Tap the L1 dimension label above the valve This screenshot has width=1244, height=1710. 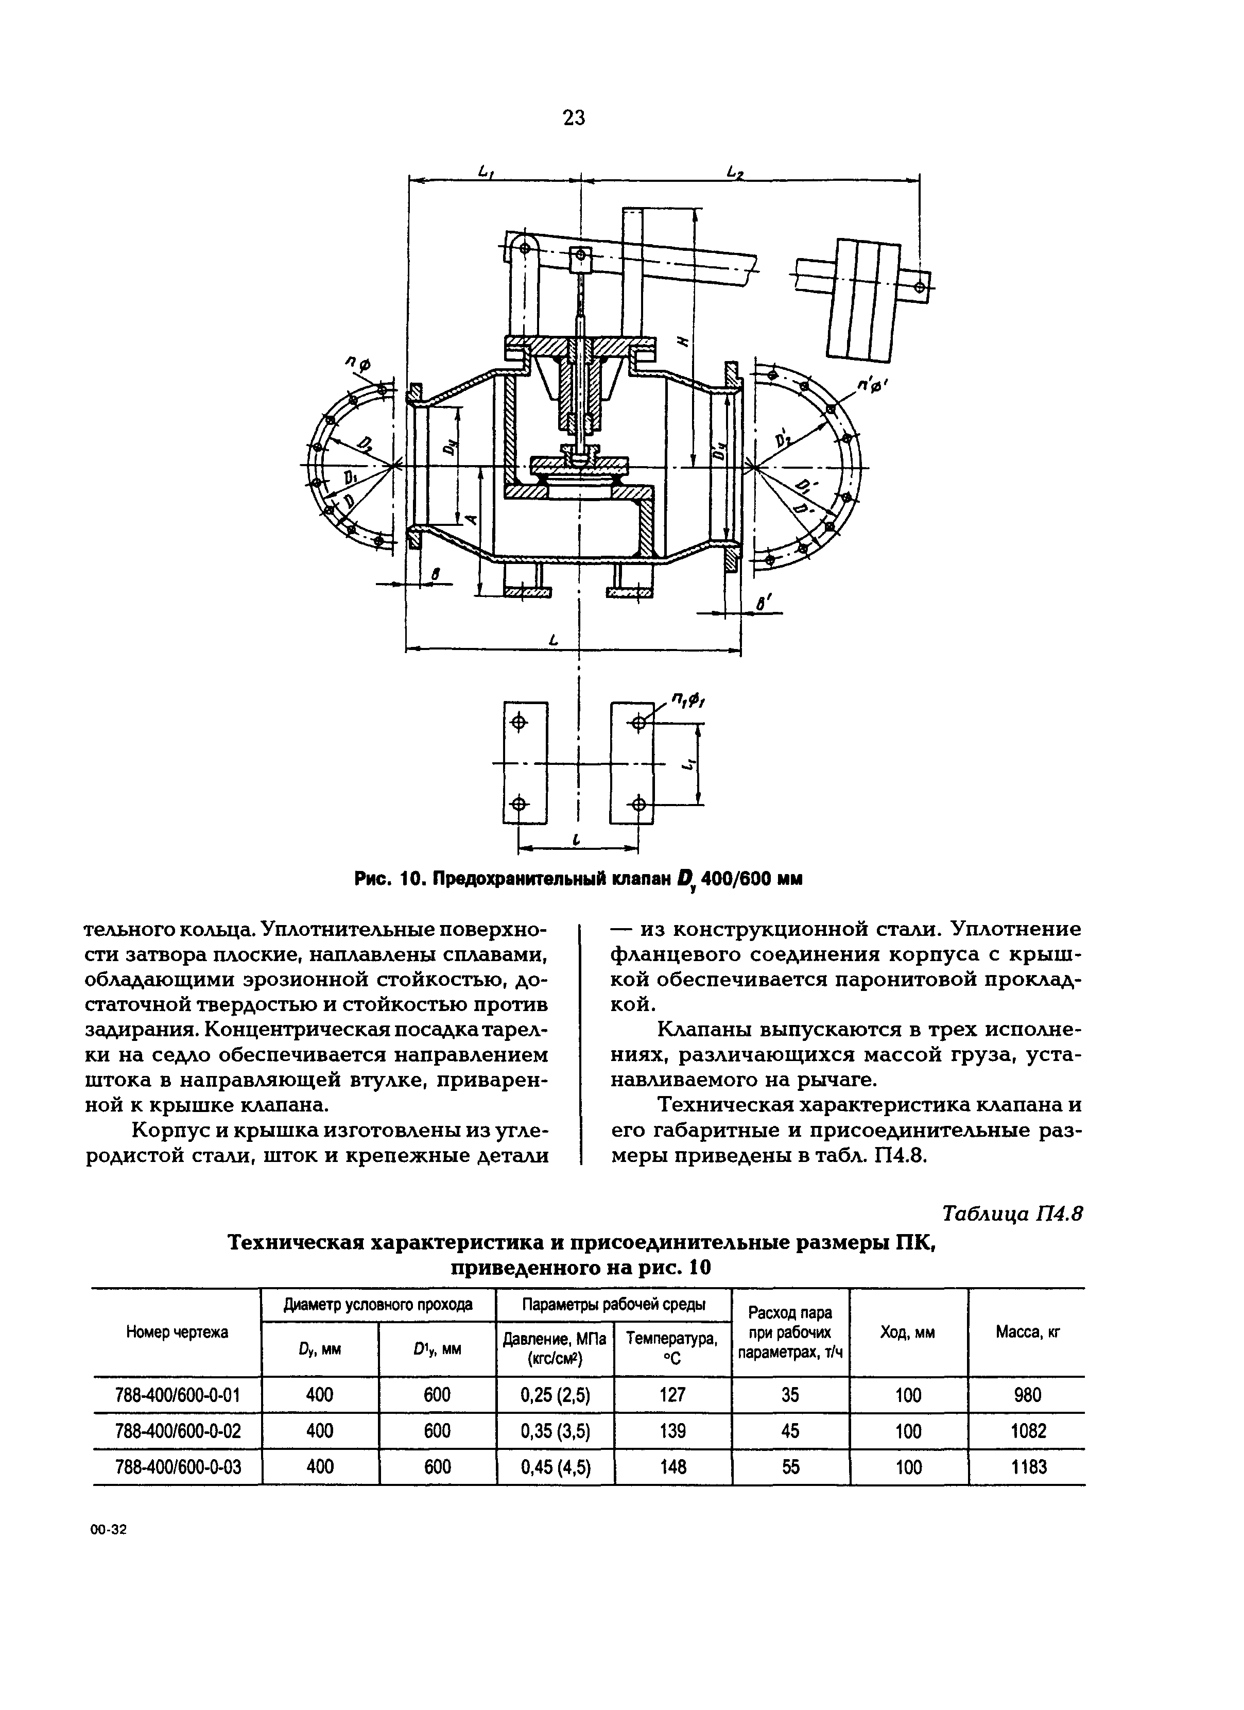pyautogui.click(x=486, y=172)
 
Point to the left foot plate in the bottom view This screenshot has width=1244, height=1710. pyautogui.click(x=525, y=762)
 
